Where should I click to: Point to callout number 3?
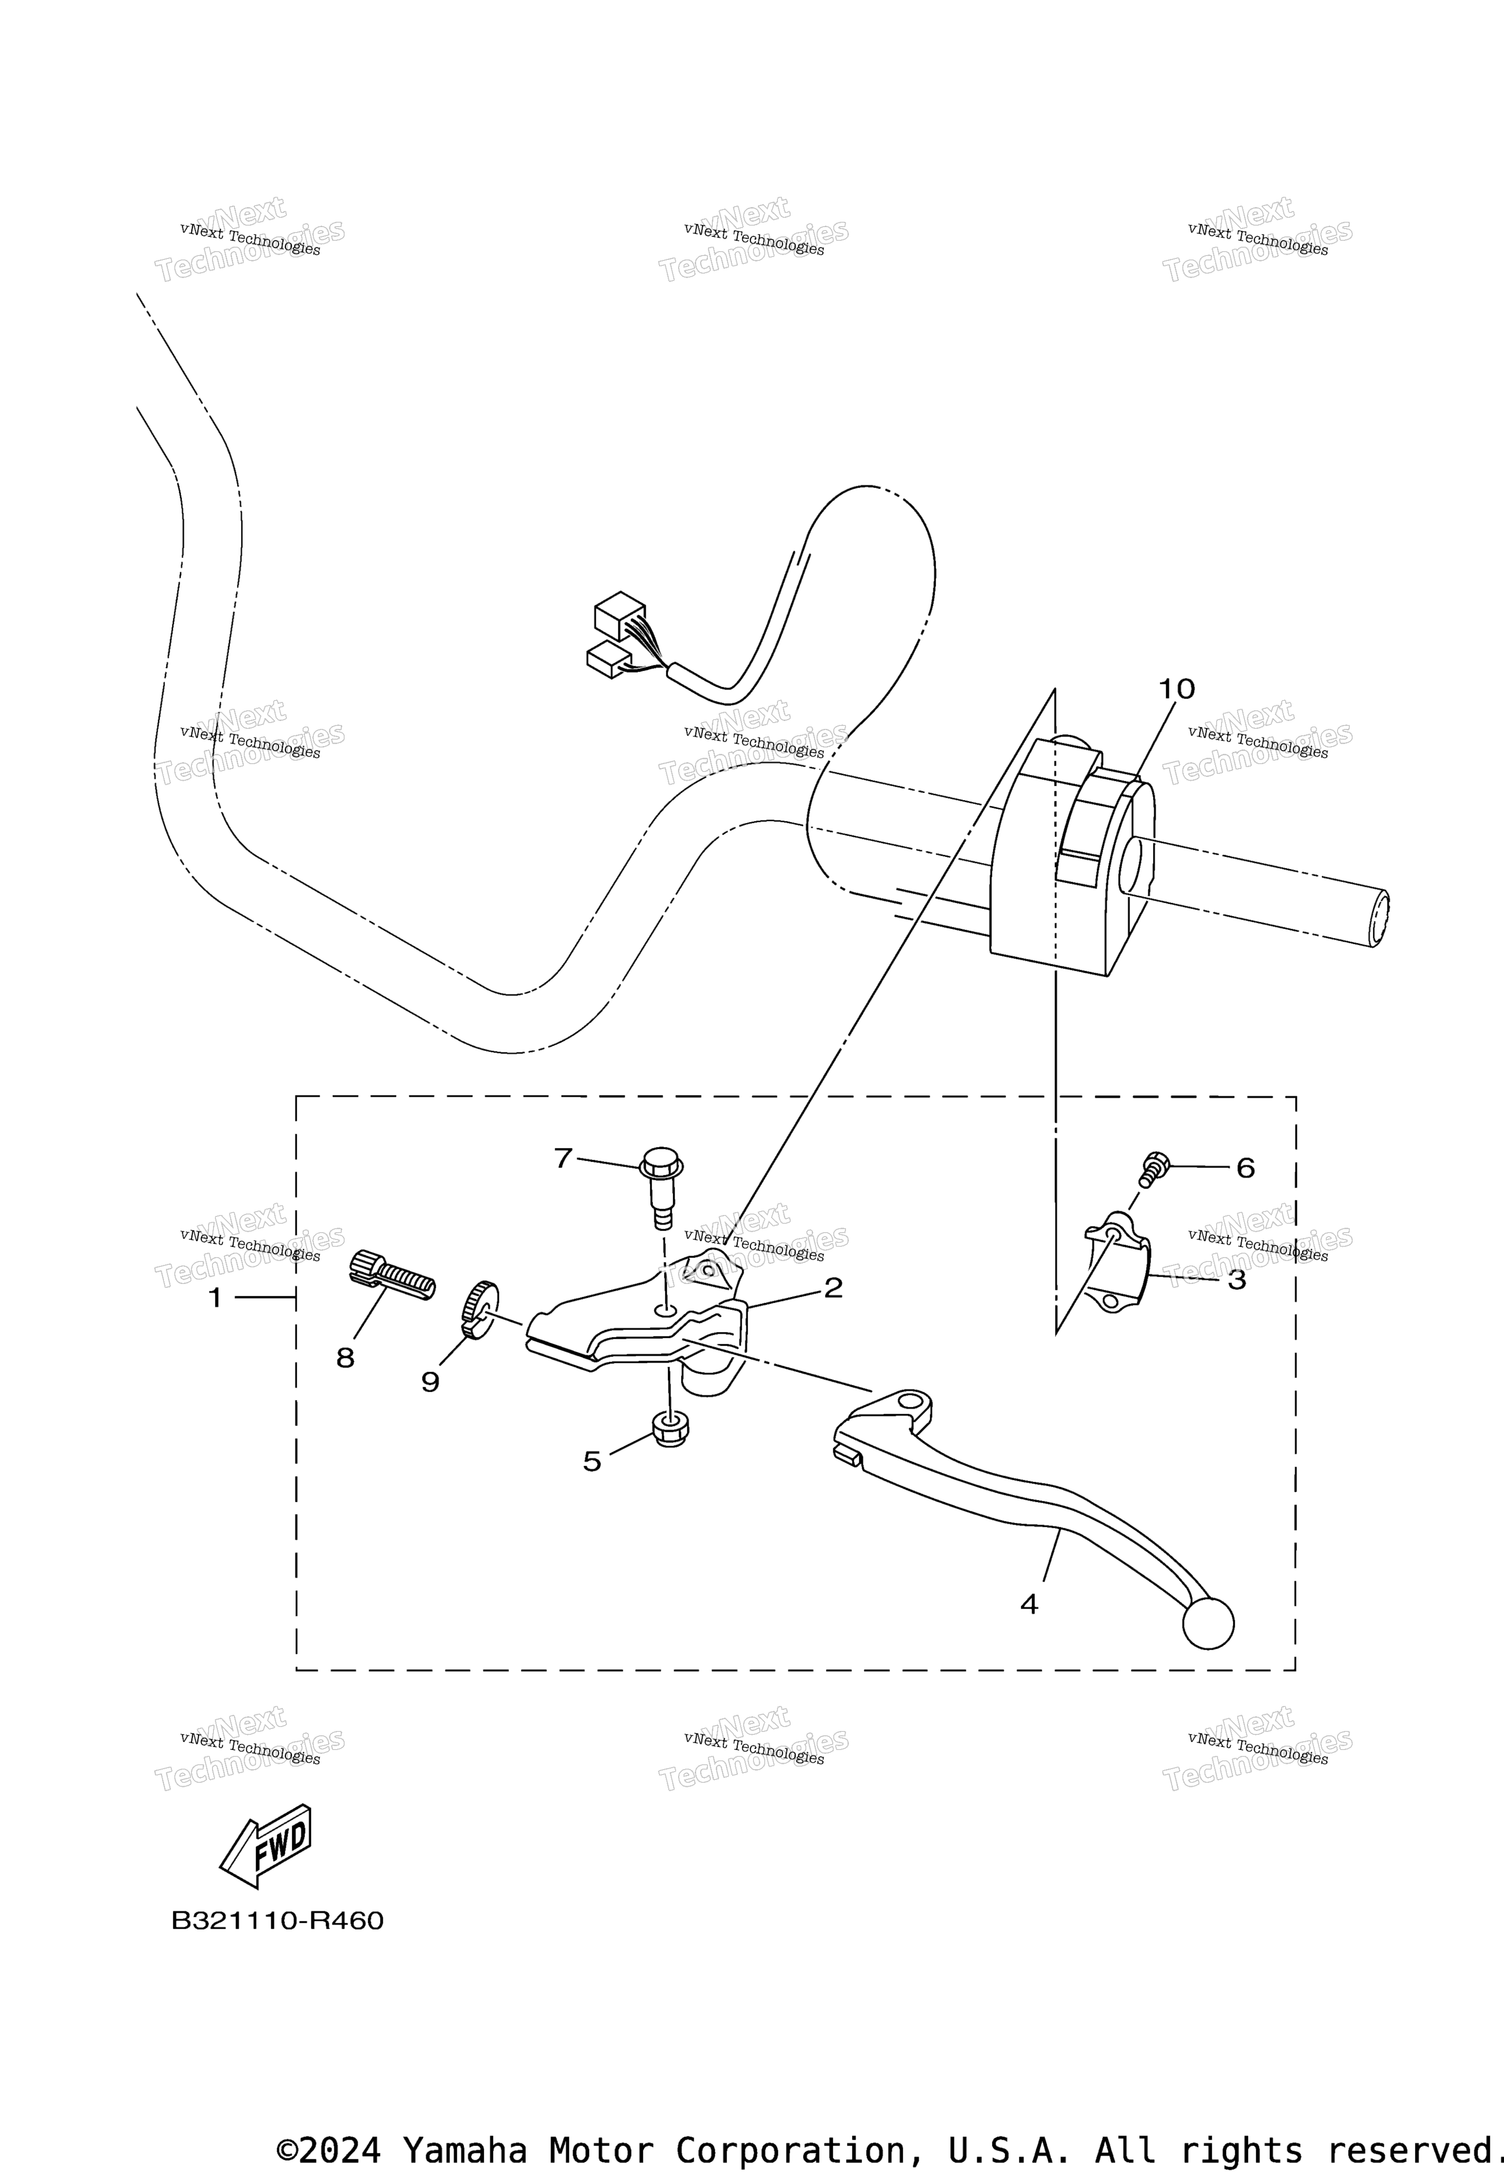pyautogui.click(x=1236, y=1280)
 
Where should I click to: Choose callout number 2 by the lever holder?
pyautogui.click(x=833, y=1288)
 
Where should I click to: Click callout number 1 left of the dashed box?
pyautogui.click(x=215, y=1299)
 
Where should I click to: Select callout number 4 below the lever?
pyautogui.click(x=1029, y=1604)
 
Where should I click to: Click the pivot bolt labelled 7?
pyautogui.click(x=661, y=1187)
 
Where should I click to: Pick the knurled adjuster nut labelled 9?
pyautogui.click(x=480, y=1309)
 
